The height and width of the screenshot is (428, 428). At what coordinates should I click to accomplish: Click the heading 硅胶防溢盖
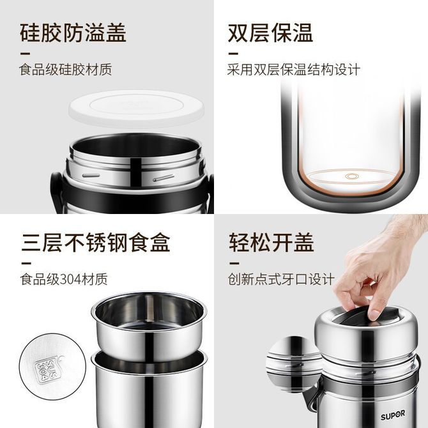pyautogui.click(x=73, y=33)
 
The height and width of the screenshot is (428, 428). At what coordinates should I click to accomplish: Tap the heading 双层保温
pyautogui.click(x=270, y=33)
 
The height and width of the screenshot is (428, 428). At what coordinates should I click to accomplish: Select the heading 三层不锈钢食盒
pyautogui.click(x=96, y=242)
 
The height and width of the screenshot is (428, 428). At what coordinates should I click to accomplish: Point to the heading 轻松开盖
pyautogui.click(x=271, y=242)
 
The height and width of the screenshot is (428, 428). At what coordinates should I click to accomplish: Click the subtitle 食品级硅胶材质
pyautogui.click(x=66, y=70)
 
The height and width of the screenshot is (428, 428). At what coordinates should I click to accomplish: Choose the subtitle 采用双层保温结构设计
pyautogui.click(x=294, y=70)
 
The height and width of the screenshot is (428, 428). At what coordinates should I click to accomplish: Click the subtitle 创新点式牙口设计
pyautogui.click(x=281, y=279)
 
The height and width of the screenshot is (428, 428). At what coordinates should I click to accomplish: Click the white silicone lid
pyautogui.click(x=137, y=109)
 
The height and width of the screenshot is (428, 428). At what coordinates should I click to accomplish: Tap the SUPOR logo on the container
pyautogui.click(x=393, y=415)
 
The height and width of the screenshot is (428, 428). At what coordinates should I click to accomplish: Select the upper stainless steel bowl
pyautogui.click(x=149, y=326)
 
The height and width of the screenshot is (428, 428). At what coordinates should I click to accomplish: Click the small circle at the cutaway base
pyautogui.click(x=351, y=176)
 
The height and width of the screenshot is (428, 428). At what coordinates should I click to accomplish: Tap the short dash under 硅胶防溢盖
pyautogui.click(x=26, y=54)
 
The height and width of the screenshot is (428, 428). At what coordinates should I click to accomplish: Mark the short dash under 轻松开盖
pyautogui.click(x=234, y=263)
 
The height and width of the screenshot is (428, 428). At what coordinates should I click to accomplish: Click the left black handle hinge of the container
pyautogui.click(x=57, y=191)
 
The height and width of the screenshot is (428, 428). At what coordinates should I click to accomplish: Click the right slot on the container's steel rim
pyautogui.click(x=164, y=178)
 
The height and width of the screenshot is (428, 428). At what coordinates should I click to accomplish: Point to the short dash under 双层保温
pyautogui.click(x=233, y=54)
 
